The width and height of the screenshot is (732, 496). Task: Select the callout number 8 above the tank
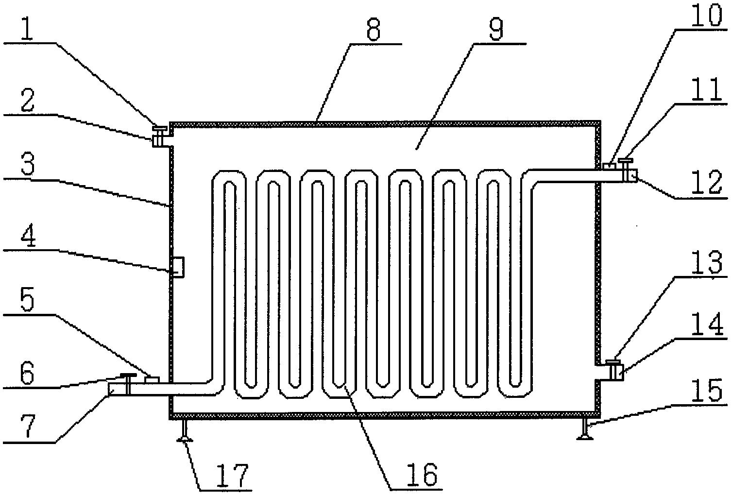click(373, 31)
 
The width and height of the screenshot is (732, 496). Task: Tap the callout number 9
click(496, 31)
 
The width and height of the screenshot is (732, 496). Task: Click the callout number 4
click(28, 236)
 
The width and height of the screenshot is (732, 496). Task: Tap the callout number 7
click(28, 427)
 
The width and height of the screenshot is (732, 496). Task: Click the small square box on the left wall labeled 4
click(178, 267)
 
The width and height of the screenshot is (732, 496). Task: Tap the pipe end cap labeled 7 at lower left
click(117, 389)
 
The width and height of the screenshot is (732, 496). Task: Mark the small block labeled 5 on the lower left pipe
click(152, 379)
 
